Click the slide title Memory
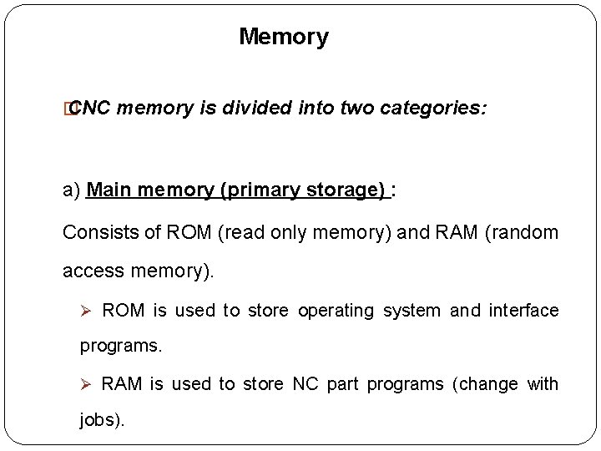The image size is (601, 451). click(284, 37)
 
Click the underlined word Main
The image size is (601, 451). click(106, 191)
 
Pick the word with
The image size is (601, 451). click(544, 384)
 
